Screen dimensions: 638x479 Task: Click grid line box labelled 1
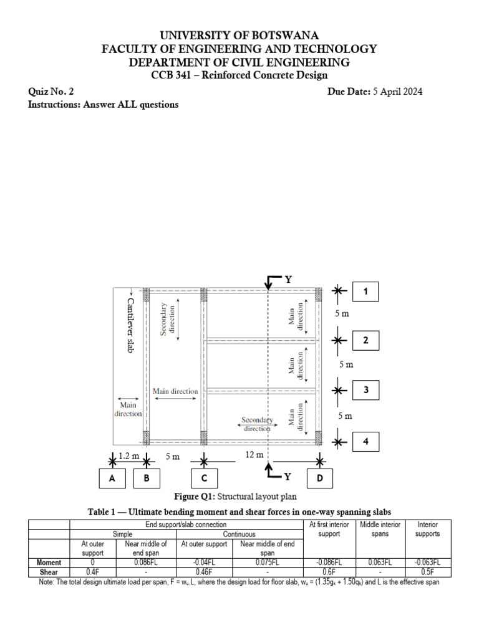365,291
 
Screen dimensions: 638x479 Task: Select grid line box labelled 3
365,390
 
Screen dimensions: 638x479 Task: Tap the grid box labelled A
112,478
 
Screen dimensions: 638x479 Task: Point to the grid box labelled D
319,478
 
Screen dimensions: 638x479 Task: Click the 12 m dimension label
254,455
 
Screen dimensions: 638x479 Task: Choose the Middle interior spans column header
380,529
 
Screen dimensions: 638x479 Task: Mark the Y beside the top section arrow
288,280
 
